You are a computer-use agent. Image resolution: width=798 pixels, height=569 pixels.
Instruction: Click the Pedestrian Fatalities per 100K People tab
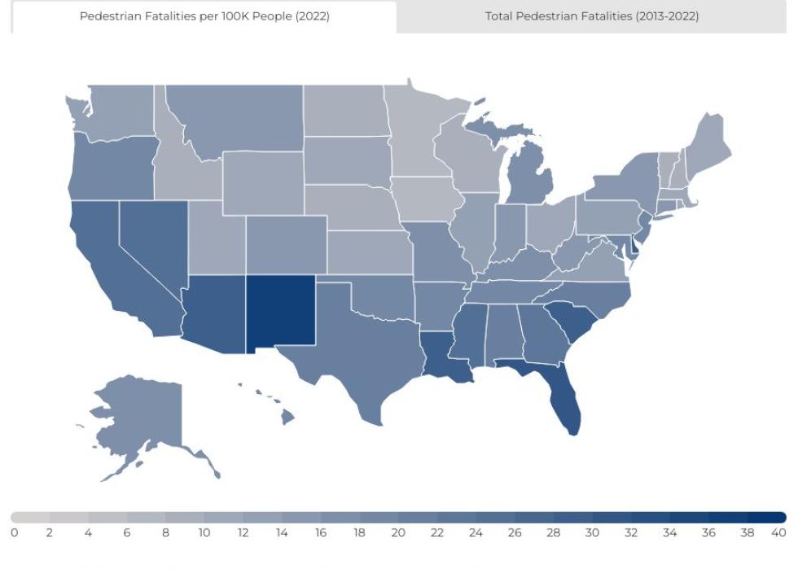tap(204, 16)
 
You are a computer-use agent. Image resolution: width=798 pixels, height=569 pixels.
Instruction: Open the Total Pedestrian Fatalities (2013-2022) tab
tap(591, 16)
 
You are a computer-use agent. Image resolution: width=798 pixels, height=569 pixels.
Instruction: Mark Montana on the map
tap(236, 118)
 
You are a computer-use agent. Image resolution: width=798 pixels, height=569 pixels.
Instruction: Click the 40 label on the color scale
tap(778, 533)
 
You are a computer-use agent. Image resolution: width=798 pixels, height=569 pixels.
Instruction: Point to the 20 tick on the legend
tap(397, 533)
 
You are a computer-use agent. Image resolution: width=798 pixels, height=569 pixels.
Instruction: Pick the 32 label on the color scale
tap(630, 533)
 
